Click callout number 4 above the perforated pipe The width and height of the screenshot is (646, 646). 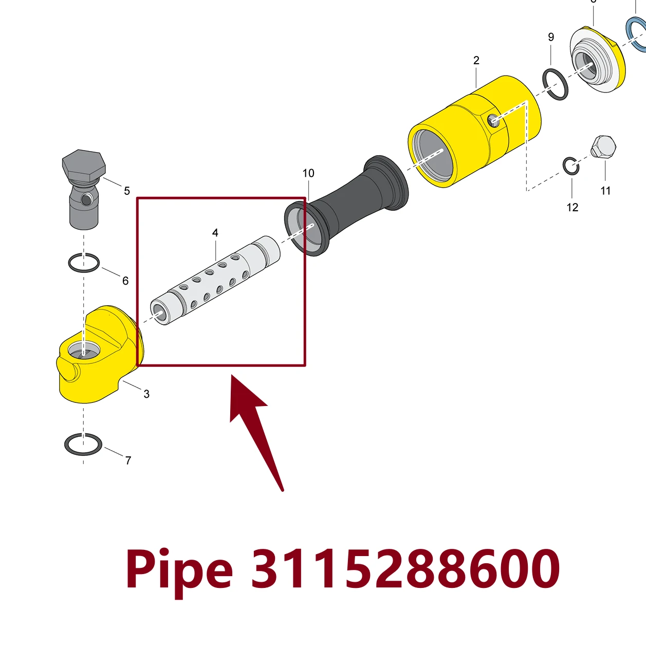(215, 233)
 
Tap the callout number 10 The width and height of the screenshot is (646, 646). (308, 173)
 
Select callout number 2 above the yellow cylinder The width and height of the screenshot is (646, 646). (476, 60)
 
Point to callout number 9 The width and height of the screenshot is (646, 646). (551, 37)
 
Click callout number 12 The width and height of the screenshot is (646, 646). (573, 208)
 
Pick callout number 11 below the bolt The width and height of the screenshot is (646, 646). (605, 191)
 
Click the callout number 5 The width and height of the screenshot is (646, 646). (127, 191)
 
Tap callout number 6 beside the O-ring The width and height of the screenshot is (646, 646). (125, 281)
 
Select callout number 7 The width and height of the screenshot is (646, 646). (128, 460)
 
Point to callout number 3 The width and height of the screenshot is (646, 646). (146, 394)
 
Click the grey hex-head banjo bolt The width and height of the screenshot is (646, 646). (84, 190)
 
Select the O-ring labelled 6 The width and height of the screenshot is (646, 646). (69, 264)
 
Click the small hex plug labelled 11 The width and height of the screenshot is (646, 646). (603, 146)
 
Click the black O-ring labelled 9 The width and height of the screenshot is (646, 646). (544, 84)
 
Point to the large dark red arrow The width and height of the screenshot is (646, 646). (256, 432)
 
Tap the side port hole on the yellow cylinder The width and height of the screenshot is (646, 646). (493, 120)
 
